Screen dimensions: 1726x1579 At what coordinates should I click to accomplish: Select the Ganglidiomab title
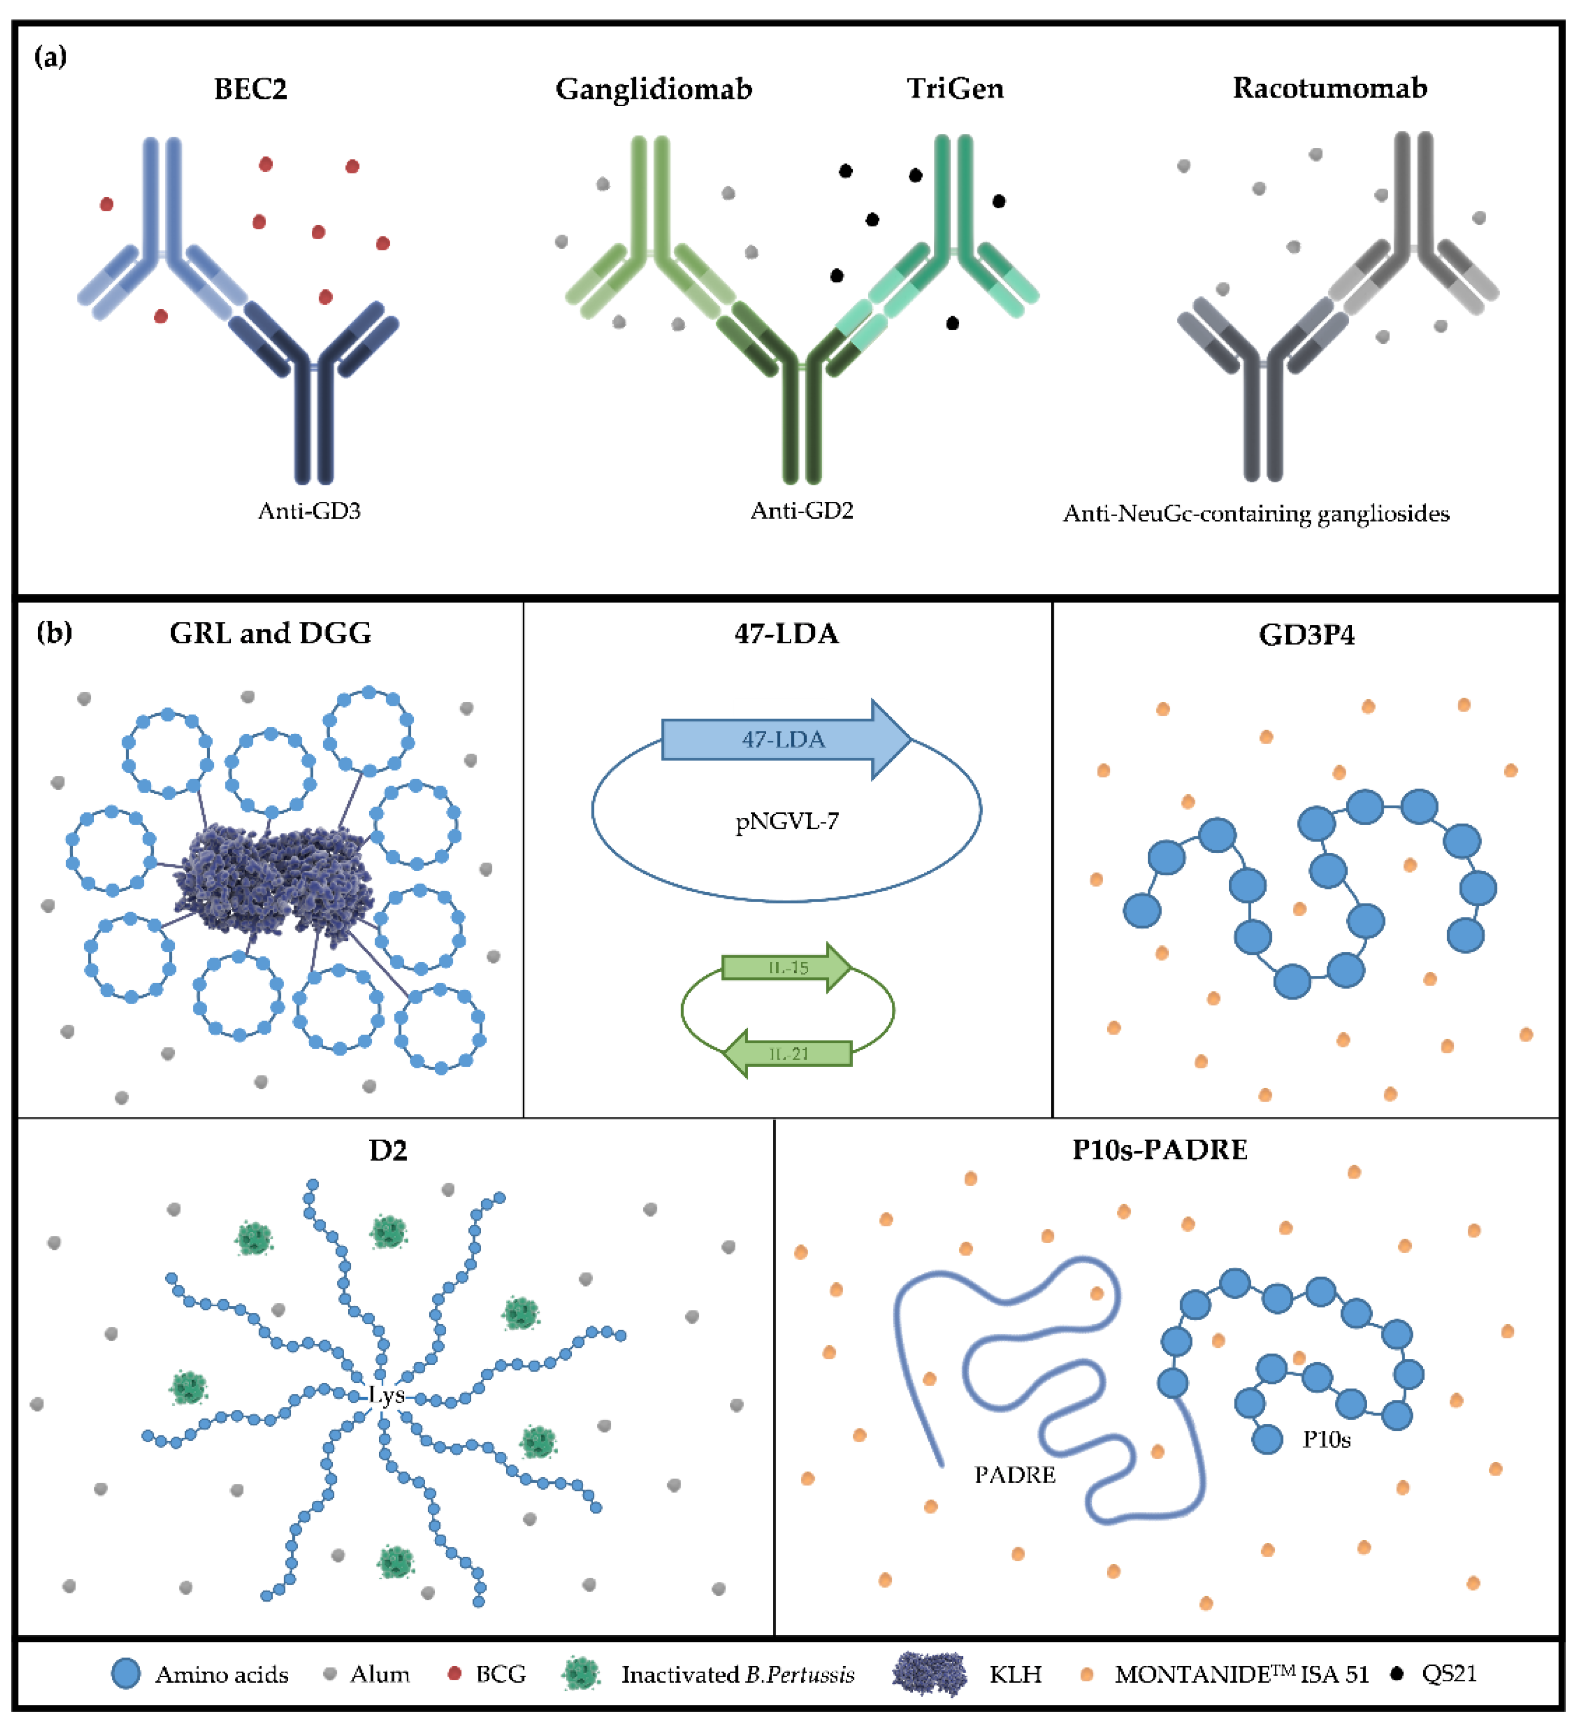(x=654, y=89)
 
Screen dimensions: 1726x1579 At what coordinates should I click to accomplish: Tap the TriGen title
(x=955, y=88)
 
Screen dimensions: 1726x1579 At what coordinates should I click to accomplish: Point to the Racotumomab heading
(x=1329, y=88)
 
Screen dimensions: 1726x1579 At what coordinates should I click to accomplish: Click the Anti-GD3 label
(x=309, y=511)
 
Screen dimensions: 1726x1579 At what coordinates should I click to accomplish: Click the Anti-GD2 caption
(x=802, y=511)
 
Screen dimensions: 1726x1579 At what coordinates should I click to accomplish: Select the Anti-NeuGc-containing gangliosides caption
(x=1255, y=514)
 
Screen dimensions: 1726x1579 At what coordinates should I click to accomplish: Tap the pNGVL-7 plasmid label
(x=787, y=822)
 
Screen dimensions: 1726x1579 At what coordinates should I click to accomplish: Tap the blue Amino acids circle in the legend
(x=126, y=1674)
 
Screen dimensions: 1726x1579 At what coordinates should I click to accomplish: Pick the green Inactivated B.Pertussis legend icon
(x=581, y=1674)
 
